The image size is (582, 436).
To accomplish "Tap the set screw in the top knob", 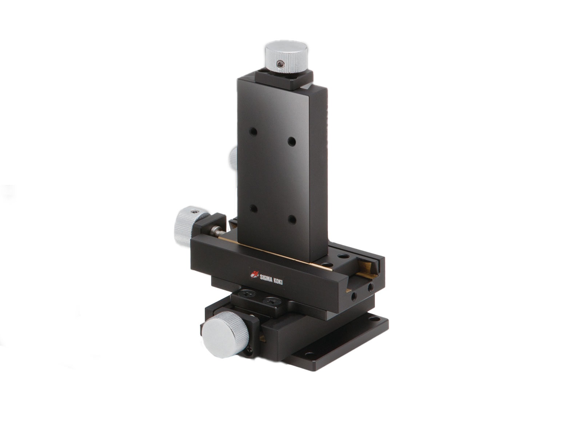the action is pos(280,64).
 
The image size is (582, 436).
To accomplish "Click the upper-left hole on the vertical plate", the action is pos(254,131).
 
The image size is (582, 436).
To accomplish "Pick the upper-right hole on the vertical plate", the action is pos(292,141).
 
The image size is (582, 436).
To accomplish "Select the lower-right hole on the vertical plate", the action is pos(292,219).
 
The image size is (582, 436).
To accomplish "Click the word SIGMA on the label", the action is pos(267,278).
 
